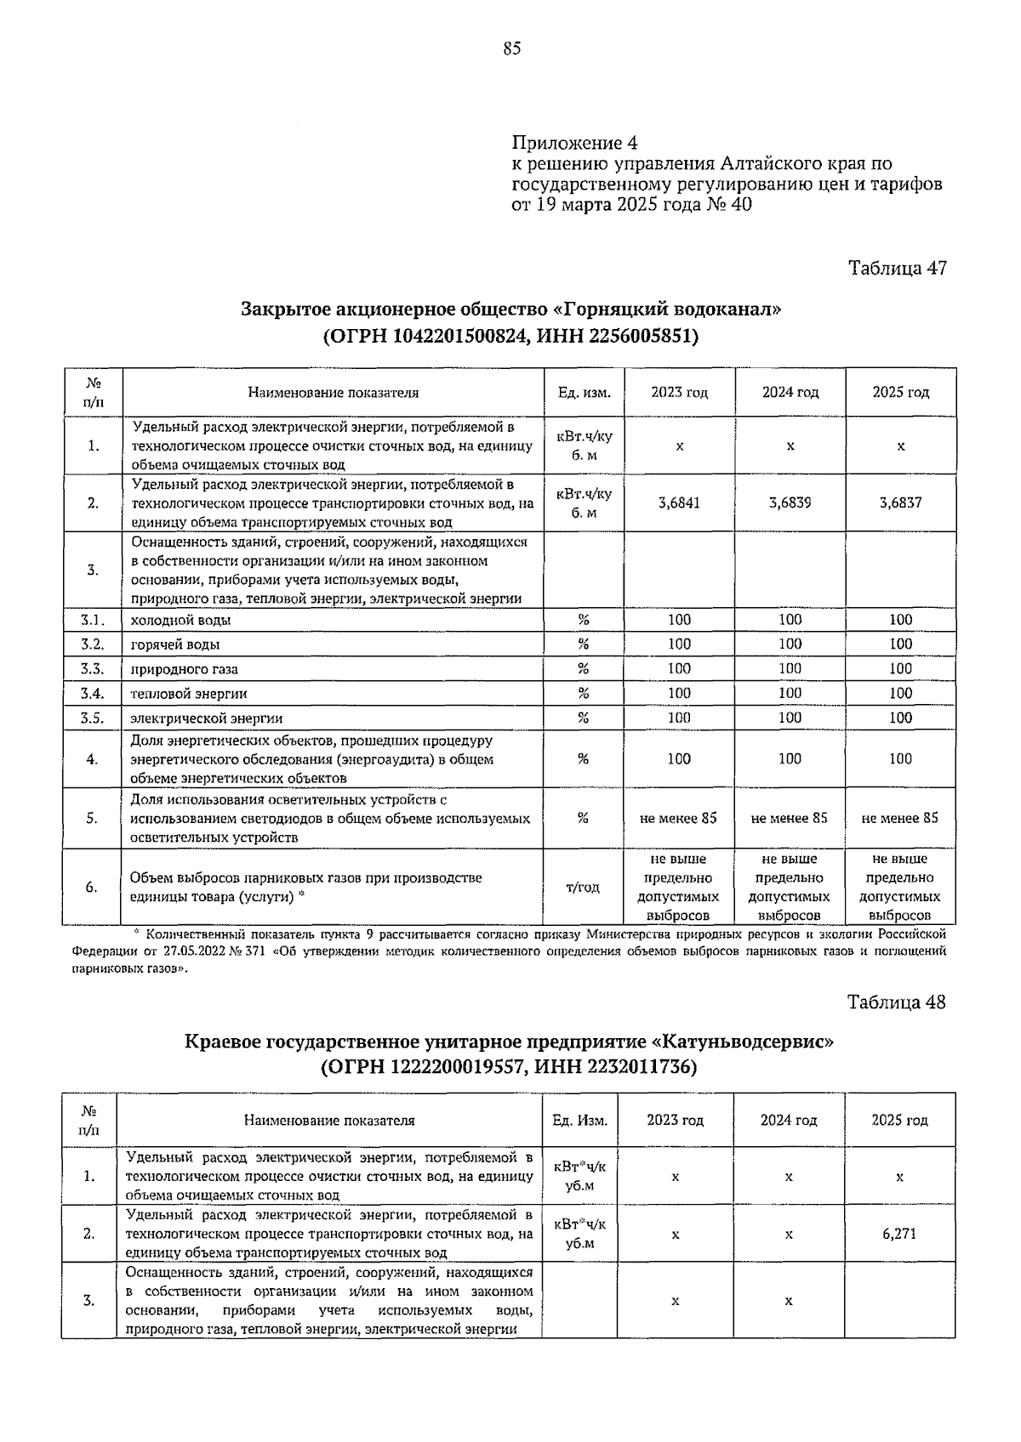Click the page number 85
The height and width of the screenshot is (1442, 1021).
pos(511,48)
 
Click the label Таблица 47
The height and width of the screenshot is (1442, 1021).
pos(897,268)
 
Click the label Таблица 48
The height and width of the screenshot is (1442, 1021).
pos(897,1002)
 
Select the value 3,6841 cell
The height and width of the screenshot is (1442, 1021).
pos(679,502)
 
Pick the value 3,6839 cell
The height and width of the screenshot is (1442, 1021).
pos(790,502)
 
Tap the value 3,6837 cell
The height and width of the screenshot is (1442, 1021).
pos(900,502)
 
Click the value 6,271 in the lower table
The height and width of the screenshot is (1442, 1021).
pos(899,1233)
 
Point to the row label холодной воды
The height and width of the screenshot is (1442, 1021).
pos(180,621)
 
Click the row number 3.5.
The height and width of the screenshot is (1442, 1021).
pos(92,718)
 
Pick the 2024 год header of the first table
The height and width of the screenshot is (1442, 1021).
pos(790,392)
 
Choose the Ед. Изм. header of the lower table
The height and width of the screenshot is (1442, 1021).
pos(579,1120)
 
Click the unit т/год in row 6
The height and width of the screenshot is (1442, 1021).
pos(583,887)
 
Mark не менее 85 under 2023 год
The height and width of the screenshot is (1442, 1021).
pos(678,818)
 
